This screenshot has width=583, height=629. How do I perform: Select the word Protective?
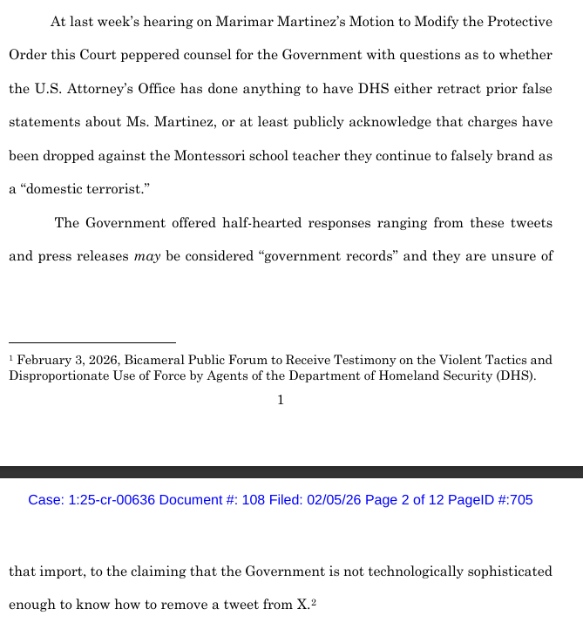pyautogui.click(x=514, y=22)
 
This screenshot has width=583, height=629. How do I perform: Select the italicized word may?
pyautogui.click(x=146, y=257)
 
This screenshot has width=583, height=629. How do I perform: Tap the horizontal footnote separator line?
pyautogui.click(x=92, y=343)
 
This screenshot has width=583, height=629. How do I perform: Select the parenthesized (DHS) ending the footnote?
pyautogui.click(x=515, y=376)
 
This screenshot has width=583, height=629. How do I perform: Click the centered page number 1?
pyautogui.click(x=281, y=400)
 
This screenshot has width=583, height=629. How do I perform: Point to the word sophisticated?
pyautogui.click(x=505, y=572)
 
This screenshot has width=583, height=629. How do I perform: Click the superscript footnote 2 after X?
pyautogui.click(x=313, y=601)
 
